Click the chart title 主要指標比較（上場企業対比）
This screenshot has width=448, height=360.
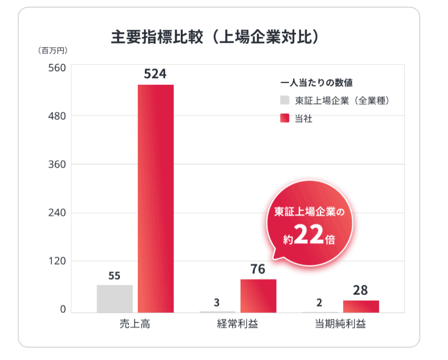pyautogui.click(x=214, y=38)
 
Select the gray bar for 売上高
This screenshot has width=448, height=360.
pyautogui.click(x=115, y=299)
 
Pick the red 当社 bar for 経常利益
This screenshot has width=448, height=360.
pyautogui.click(x=258, y=296)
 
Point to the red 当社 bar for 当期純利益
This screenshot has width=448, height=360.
pyautogui.click(x=361, y=306)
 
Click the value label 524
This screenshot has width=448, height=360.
pyautogui.click(x=155, y=74)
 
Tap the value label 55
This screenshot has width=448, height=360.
pyautogui.click(x=115, y=276)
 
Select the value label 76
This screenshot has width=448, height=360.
pyautogui.click(x=258, y=269)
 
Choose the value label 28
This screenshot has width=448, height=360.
pyautogui.click(x=360, y=290)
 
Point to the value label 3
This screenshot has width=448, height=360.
pyautogui.click(x=217, y=302)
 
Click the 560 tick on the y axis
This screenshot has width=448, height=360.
pyautogui.click(x=56, y=68)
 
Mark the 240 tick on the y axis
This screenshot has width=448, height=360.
pyautogui.click(x=56, y=213)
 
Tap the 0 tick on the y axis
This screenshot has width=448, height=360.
pyautogui.click(x=63, y=309)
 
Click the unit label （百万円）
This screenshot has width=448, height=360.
pyautogui.click(x=52, y=51)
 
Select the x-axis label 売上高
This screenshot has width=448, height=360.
pyautogui.click(x=135, y=325)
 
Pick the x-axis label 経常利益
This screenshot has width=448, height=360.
pyautogui.click(x=238, y=325)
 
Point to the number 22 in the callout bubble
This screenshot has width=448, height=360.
pyautogui.click(x=308, y=236)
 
